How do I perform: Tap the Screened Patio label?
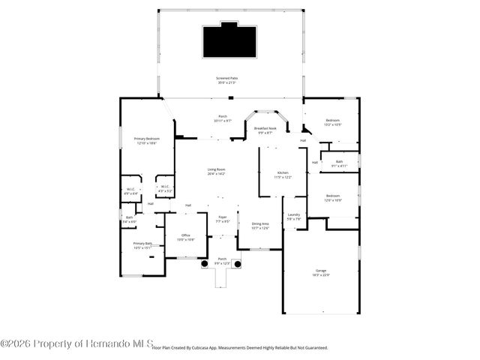228,79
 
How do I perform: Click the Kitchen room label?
283,173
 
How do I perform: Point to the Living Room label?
217,171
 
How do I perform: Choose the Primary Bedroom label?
146,140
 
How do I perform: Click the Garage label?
320,272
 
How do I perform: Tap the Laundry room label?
293,217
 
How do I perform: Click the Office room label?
186,237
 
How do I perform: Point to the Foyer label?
223,218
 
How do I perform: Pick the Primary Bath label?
142,244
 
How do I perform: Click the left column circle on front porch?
203,264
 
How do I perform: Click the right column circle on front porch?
238,264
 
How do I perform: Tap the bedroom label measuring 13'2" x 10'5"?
332,122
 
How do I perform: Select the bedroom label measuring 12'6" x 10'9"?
332,198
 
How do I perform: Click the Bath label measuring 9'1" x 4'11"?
340,163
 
